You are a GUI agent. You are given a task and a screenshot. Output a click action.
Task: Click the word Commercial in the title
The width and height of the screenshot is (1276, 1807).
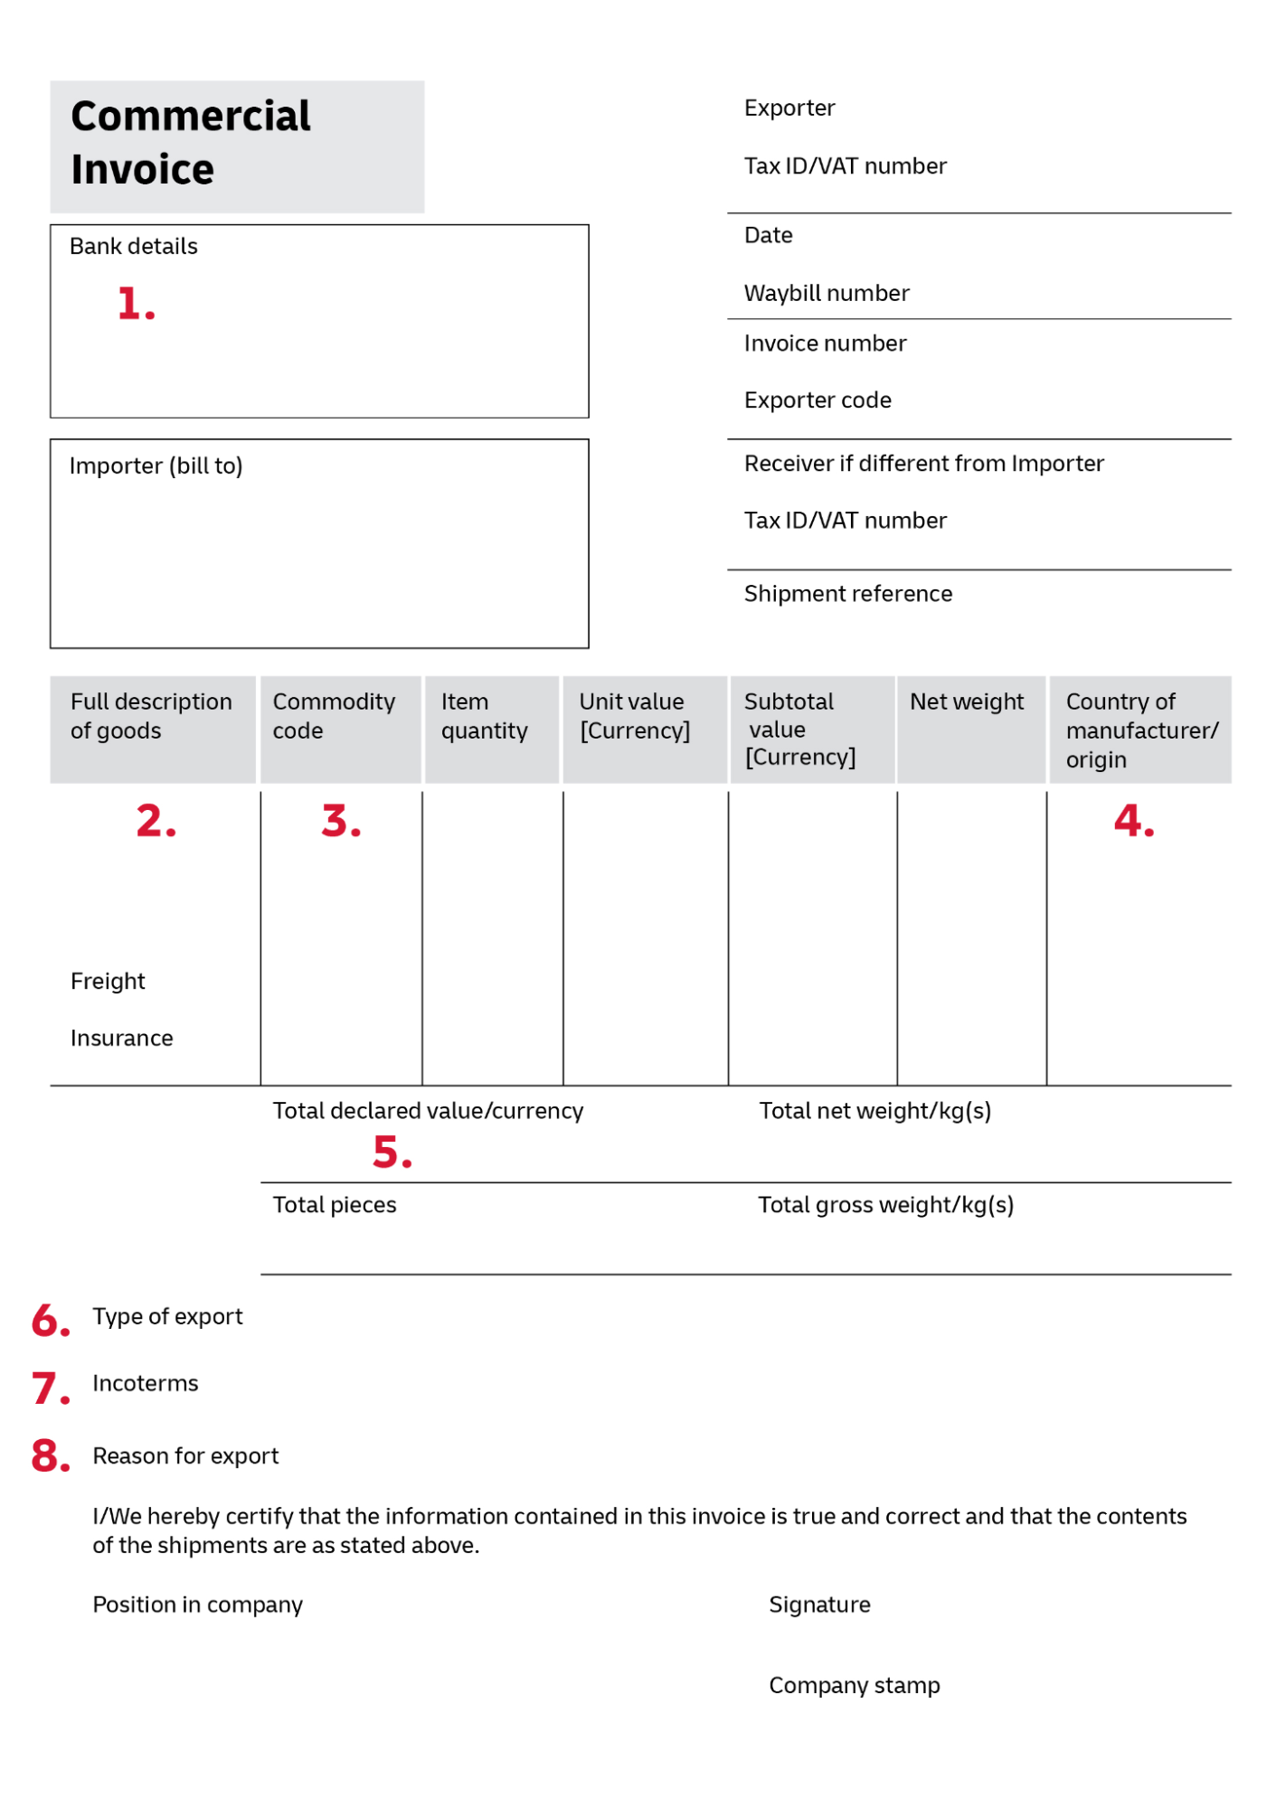click(x=191, y=117)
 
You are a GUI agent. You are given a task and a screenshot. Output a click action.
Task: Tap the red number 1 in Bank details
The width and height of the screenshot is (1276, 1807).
click(x=135, y=304)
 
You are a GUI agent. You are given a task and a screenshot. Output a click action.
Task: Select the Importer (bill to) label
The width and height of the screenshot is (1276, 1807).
click(x=156, y=466)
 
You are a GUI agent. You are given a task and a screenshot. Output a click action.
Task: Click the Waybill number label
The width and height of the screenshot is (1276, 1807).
click(x=826, y=293)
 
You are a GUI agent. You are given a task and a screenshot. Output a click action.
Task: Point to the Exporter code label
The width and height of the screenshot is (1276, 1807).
click(x=817, y=400)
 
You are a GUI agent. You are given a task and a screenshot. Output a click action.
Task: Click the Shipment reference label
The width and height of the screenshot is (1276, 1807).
click(x=847, y=594)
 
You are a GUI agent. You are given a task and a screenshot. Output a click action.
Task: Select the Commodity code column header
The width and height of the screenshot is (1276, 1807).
click(x=334, y=716)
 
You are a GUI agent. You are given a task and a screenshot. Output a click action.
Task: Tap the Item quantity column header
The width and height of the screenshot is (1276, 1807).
click(x=484, y=716)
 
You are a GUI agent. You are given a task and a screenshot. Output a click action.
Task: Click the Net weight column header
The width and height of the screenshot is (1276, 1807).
click(x=966, y=701)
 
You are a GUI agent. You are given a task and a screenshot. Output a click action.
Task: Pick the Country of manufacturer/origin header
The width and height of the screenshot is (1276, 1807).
click(x=1140, y=729)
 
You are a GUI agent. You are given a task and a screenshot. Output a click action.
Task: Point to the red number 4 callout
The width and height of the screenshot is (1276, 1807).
click(x=1132, y=821)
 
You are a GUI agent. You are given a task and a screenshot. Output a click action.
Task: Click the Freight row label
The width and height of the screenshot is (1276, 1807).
click(x=108, y=981)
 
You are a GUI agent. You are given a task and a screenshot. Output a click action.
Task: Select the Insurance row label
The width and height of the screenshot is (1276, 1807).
click(x=121, y=1038)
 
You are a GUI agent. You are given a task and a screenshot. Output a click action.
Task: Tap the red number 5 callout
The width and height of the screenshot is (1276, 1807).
click(x=391, y=1153)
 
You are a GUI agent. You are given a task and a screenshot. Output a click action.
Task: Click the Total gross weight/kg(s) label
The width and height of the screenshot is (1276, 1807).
click(x=885, y=1205)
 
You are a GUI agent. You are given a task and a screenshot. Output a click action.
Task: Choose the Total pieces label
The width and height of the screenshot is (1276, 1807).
click(x=335, y=1205)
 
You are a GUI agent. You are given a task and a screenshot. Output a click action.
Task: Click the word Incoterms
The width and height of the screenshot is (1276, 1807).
click(x=145, y=1383)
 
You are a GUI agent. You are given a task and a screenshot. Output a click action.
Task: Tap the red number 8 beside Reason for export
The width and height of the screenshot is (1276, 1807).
click(x=50, y=1456)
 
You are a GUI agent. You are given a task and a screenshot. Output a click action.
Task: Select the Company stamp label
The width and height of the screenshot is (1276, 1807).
click(x=854, y=1685)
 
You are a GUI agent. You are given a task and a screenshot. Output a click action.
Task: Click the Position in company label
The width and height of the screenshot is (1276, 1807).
click(x=197, y=1605)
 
